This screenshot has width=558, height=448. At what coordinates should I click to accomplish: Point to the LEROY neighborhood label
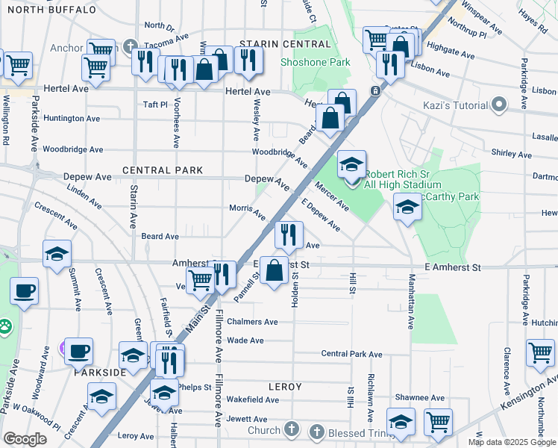pyautogui.click(x=285, y=387)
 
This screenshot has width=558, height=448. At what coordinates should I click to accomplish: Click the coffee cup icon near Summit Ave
pyautogui.click(x=24, y=290)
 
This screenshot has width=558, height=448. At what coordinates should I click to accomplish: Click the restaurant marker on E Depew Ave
pyautogui.click(x=289, y=234)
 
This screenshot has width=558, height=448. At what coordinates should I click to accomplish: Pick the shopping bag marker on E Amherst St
pyautogui.click(x=275, y=270)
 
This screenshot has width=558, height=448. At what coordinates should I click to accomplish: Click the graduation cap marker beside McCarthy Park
pyautogui.click(x=407, y=206)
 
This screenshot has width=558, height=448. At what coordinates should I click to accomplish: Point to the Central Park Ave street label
pyautogui.click(x=351, y=354)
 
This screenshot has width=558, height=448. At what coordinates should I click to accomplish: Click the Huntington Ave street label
pyautogui.click(x=72, y=118)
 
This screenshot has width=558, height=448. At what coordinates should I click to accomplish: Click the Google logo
pyautogui.click(x=25, y=439)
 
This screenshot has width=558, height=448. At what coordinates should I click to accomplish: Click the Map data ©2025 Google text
pyautogui.click(x=512, y=442)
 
